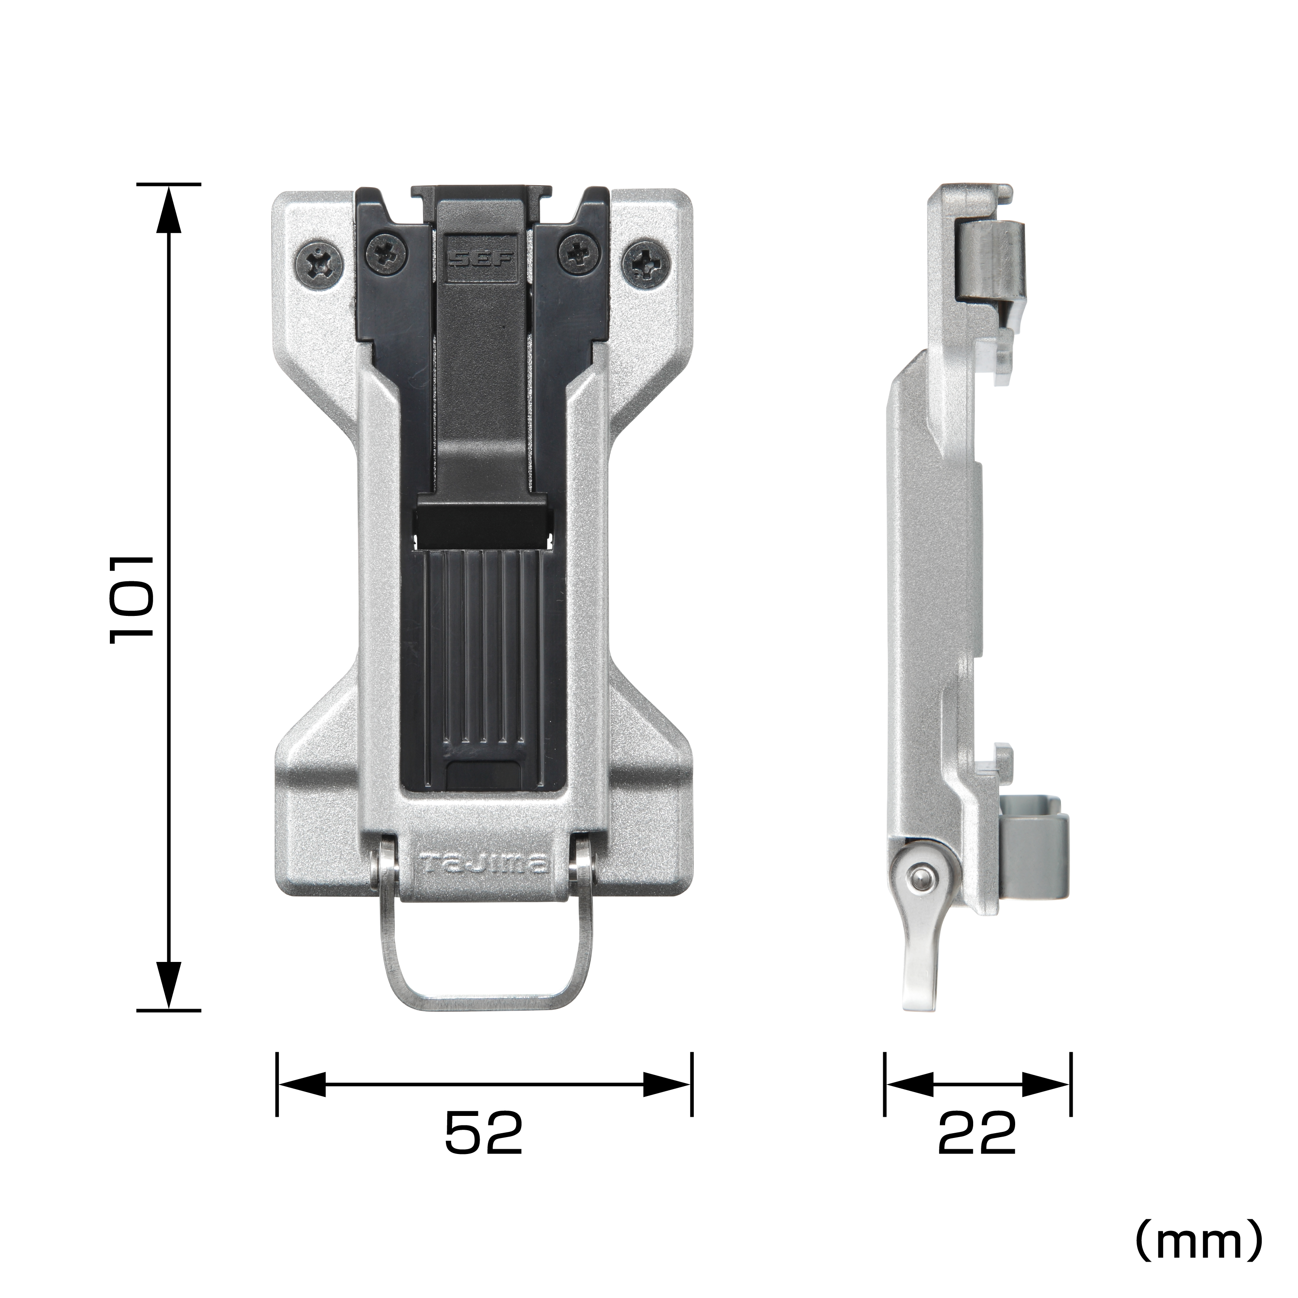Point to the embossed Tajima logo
coord(484,865)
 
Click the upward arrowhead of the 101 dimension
coord(169,208)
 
